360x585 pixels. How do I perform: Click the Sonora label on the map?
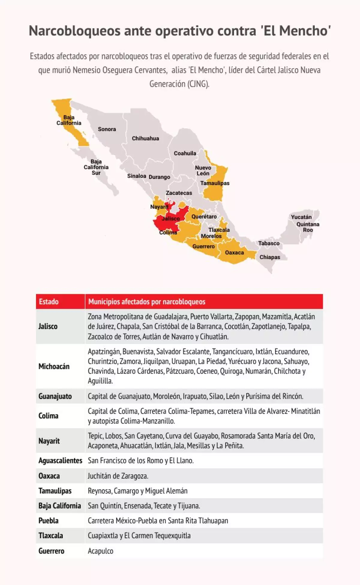click(107, 129)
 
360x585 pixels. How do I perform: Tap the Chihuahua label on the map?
click(145, 139)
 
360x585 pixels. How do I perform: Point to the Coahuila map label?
click(185, 153)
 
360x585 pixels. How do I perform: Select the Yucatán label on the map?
click(301, 217)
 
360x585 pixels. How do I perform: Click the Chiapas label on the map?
click(270, 257)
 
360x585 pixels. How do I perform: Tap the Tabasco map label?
click(269, 243)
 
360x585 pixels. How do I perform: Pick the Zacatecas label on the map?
click(179, 193)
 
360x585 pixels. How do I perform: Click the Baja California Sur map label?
click(96, 167)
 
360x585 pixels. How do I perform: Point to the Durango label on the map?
click(159, 177)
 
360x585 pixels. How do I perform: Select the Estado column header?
click(49, 302)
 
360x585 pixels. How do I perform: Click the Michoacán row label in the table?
click(54, 366)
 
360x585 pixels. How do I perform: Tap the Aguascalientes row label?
click(60, 461)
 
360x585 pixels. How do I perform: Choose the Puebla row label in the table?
click(49, 521)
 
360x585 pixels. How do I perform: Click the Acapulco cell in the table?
click(100, 551)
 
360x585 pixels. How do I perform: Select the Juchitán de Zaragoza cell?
click(118, 476)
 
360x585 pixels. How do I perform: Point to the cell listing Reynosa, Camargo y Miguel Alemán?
click(138, 491)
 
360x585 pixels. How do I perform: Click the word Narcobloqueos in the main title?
click(75, 31)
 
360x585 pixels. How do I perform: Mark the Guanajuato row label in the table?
click(55, 396)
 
